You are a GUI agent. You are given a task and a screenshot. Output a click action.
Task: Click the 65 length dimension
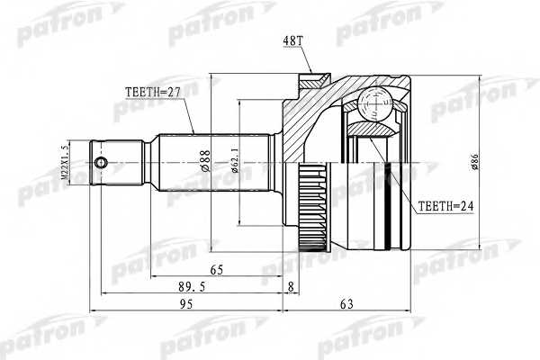217,269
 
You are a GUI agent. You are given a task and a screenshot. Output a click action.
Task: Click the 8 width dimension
290,288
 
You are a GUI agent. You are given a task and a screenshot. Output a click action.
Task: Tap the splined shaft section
214,163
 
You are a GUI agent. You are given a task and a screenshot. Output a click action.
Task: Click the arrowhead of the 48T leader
310,75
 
